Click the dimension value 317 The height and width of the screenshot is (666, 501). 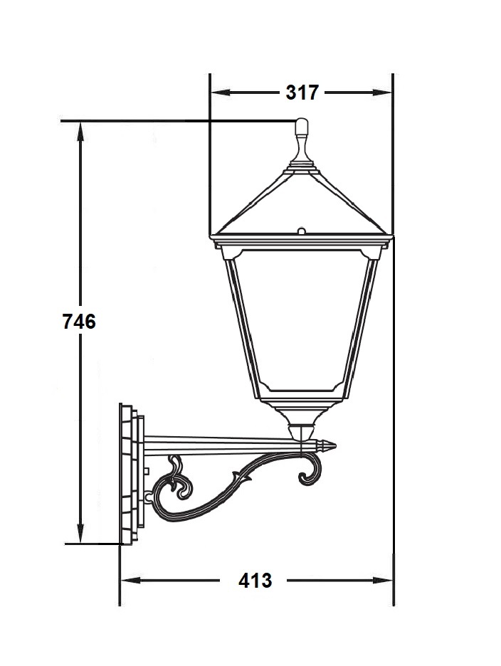(x=302, y=92)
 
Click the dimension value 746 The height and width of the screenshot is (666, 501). (x=79, y=321)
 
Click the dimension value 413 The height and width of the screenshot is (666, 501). (x=255, y=580)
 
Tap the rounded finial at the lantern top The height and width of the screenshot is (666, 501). (x=301, y=127)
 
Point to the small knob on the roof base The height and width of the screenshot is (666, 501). (x=301, y=231)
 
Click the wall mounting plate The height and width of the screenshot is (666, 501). (x=132, y=473)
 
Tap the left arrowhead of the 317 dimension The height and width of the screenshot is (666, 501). (x=221, y=92)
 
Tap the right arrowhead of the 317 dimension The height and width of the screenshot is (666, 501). (x=382, y=92)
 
